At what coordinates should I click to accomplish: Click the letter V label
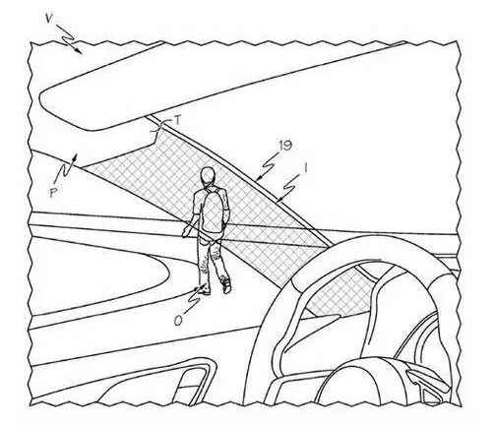tap(49, 19)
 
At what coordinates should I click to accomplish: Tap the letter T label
tap(177, 121)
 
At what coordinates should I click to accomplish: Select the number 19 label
tap(284, 146)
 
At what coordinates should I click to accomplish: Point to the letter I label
tap(305, 168)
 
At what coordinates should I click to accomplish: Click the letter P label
tap(53, 193)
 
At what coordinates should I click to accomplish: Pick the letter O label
tap(178, 321)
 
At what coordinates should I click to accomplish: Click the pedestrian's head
tap(208, 175)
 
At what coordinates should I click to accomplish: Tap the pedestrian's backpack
tap(213, 211)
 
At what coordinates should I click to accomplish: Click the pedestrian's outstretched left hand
tap(186, 232)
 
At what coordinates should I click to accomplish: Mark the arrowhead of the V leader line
tap(79, 50)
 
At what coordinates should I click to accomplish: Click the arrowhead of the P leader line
tap(76, 156)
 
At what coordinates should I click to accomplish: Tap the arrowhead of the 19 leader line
tap(258, 179)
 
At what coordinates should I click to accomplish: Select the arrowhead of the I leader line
tap(278, 199)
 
